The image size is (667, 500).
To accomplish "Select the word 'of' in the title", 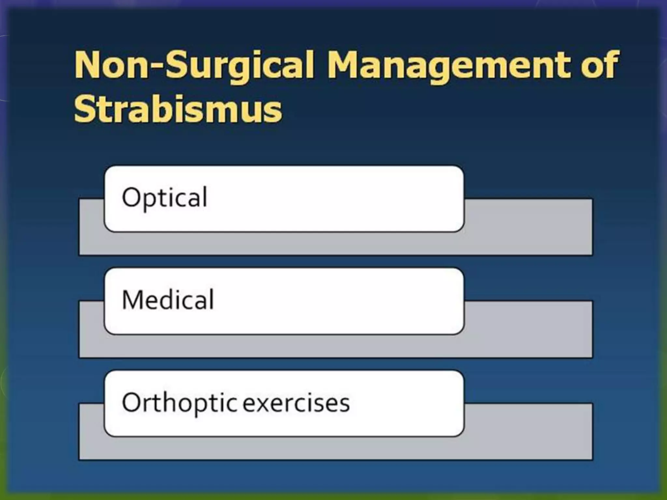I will [600, 65].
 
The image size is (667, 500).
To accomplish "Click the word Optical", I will [164, 198].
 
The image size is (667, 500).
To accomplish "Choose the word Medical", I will [168, 300].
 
